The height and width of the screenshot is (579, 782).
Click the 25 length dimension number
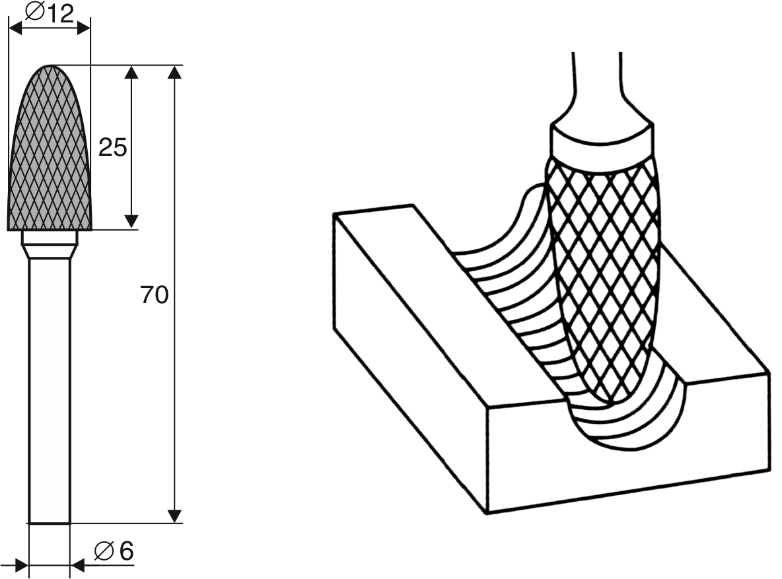(x=112, y=148)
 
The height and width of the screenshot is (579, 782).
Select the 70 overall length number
(x=155, y=295)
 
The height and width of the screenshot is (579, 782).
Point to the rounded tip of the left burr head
(x=50, y=69)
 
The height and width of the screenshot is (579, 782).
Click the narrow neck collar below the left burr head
(x=50, y=245)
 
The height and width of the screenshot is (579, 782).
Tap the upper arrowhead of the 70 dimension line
(x=174, y=72)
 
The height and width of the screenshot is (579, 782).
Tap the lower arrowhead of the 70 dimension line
(x=174, y=516)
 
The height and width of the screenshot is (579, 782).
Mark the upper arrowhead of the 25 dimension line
(x=131, y=73)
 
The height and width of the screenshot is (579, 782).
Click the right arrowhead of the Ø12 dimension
(x=83, y=28)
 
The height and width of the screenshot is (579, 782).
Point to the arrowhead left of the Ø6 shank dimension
(x=21, y=565)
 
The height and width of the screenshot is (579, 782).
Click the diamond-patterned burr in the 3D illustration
(x=602, y=277)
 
